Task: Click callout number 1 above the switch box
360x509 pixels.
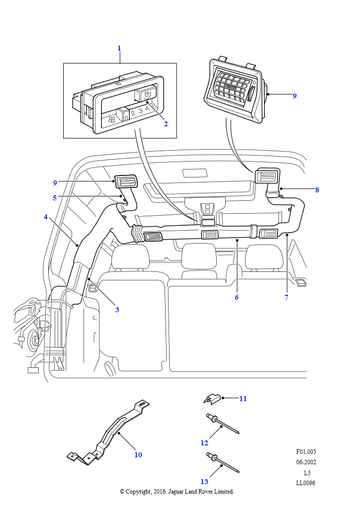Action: tap(119, 48)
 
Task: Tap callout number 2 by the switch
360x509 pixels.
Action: tap(166, 124)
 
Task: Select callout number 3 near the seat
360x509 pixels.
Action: tap(117, 310)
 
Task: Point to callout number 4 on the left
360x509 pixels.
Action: tap(46, 217)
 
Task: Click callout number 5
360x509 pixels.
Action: tap(55, 197)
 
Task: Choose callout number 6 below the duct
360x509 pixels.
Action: tap(237, 297)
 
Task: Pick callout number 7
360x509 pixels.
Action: tap(286, 297)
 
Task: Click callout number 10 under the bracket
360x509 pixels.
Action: tap(138, 454)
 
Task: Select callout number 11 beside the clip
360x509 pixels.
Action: tap(243, 398)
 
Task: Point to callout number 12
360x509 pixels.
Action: tap(204, 442)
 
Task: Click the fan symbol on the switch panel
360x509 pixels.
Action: tap(111, 119)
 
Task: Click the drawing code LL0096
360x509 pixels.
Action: tap(305, 483)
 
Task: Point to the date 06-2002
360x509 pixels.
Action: tap(306, 462)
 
